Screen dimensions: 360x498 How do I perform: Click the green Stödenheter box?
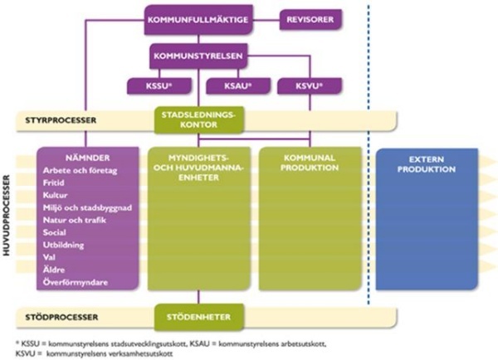coord(199,316)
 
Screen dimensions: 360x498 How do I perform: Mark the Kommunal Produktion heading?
coord(307,163)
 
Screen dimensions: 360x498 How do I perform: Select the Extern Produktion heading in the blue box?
coord(427,164)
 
